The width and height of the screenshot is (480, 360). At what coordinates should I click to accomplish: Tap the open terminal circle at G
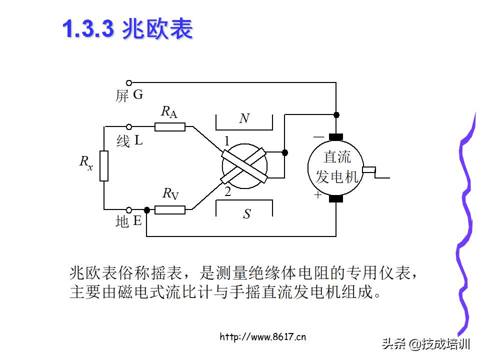point(129,82)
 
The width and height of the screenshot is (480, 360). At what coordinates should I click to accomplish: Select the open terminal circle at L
point(129,127)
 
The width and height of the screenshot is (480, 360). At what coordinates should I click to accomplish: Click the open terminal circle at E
point(129,210)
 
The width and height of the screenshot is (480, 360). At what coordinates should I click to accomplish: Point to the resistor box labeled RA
point(169,127)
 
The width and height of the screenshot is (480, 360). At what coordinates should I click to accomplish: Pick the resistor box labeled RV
point(169,210)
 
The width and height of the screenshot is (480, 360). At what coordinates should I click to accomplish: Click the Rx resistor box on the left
point(104,165)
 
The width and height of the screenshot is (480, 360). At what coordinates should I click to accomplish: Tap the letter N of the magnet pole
point(244,119)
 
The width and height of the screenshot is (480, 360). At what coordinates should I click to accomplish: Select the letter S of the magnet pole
point(246,214)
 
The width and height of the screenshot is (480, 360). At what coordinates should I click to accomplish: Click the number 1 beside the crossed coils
point(226,141)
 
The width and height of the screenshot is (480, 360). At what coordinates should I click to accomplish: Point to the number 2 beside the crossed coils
point(227,192)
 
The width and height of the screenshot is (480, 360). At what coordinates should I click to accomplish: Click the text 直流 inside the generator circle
point(337,157)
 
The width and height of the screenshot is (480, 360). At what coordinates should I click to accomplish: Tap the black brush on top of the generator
point(336,137)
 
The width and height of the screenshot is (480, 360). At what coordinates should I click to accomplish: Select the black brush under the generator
point(336,199)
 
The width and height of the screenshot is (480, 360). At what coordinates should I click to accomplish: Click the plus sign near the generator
point(318,195)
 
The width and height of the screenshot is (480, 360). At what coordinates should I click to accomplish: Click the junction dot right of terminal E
point(147,210)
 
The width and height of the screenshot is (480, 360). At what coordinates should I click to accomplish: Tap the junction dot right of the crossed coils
point(285,152)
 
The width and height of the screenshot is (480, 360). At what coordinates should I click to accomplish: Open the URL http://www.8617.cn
point(262,336)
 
